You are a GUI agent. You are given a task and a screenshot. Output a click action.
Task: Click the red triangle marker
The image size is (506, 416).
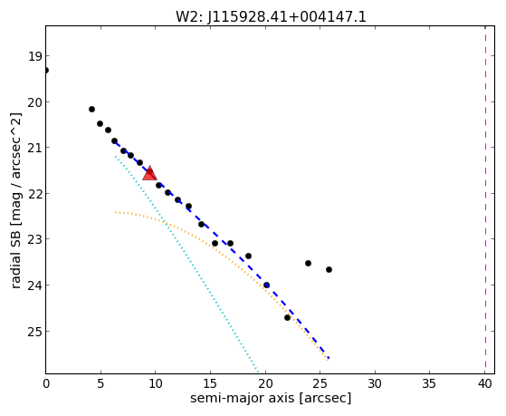(149, 173)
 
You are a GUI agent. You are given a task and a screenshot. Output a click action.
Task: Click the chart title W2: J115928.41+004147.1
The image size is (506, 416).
(271, 17)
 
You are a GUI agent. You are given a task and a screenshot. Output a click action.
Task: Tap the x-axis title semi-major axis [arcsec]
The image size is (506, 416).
(271, 398)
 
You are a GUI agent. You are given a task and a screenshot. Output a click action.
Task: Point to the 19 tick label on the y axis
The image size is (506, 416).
(35, 56)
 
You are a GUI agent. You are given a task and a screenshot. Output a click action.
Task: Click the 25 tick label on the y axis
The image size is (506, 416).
(35, 332)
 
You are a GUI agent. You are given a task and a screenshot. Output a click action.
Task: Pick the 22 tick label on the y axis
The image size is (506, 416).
(35, 194)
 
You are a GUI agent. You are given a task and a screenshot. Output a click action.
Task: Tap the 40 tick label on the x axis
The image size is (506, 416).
(485, 383)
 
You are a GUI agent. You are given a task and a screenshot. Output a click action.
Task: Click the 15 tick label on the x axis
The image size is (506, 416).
(210, 383)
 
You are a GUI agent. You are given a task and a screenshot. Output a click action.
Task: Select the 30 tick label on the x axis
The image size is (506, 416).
(375, 383)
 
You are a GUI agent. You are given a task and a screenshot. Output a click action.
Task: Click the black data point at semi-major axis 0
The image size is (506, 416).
(46, 70)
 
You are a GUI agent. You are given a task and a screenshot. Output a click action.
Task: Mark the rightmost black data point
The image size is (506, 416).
(329, 269)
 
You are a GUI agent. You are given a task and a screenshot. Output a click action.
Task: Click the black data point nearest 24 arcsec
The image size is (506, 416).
(308, 264)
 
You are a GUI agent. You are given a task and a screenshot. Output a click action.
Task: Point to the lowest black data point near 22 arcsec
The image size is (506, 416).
(287, 318)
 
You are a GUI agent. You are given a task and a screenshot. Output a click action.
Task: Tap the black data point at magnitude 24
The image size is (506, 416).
(266, 285)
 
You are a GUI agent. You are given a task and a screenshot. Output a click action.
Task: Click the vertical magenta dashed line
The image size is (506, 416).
(485, 199)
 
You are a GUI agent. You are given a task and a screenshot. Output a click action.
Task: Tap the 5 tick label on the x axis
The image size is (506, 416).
(100, 383)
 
